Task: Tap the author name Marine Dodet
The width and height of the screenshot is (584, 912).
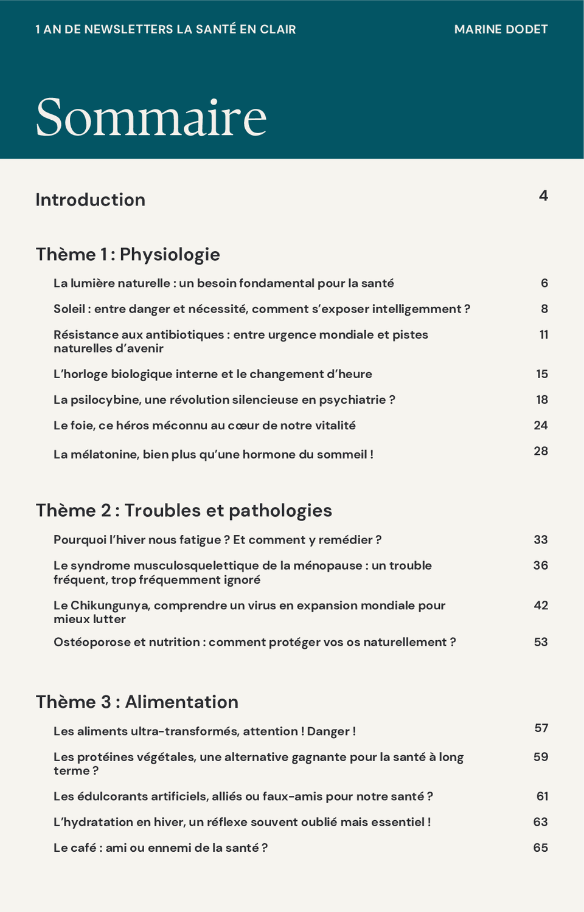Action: (501, 29)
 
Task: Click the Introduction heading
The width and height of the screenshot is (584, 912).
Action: (90, 199)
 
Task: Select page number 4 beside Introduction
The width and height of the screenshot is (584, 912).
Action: (543, 195)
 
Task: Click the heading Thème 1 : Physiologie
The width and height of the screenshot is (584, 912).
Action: (128, 254)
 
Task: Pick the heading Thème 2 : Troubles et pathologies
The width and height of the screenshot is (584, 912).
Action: (184, 510)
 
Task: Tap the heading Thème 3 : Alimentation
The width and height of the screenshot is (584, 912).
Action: (137, 702)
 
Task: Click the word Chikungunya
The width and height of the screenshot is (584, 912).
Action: (109, 605)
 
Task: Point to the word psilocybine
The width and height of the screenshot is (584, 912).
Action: (104, 399)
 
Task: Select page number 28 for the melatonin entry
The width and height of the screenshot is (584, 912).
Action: (541, 451)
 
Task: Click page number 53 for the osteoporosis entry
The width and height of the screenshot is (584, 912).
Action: (541, 642)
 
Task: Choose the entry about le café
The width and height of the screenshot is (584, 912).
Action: (161, 848)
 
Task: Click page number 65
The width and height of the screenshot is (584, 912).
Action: (541, 848)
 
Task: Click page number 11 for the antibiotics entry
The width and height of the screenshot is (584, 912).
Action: (543, 334)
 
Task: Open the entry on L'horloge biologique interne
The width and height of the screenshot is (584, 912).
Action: (213, 374)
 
